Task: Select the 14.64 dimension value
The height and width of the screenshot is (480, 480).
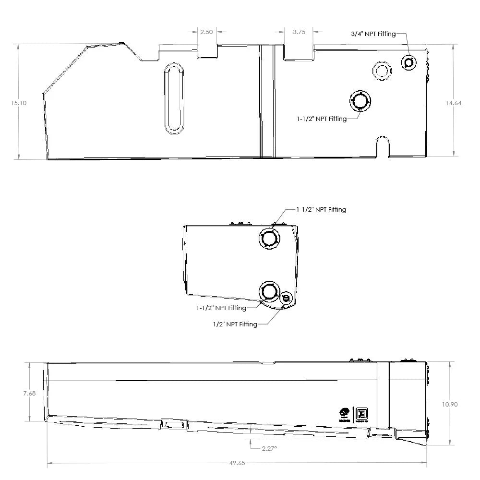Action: tap(453, 103)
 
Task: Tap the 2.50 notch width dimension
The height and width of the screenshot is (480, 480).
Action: tap(206, 32)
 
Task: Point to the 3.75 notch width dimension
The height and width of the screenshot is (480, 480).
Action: tap(299, 32)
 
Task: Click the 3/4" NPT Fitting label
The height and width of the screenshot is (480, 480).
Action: tap(373, 34)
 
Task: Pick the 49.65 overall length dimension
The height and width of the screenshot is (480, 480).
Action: tap(237, 463)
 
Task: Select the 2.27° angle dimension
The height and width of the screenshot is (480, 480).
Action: tap(269, 448)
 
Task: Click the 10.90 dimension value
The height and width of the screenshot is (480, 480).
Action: tap(450, 404)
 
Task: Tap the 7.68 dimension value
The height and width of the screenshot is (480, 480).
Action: tap(29, 393)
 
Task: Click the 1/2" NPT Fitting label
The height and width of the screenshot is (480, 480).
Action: tap(235, 324)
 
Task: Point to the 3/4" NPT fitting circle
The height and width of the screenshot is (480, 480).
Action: tap(409, 62)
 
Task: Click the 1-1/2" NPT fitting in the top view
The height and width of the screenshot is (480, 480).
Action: tap(360, 101)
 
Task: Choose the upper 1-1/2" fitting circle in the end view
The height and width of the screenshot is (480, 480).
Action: tap(269, 238)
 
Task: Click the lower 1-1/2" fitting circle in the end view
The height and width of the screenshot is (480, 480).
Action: tap(269, 291)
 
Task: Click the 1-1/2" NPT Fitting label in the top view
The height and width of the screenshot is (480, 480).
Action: tap(322, 119)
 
